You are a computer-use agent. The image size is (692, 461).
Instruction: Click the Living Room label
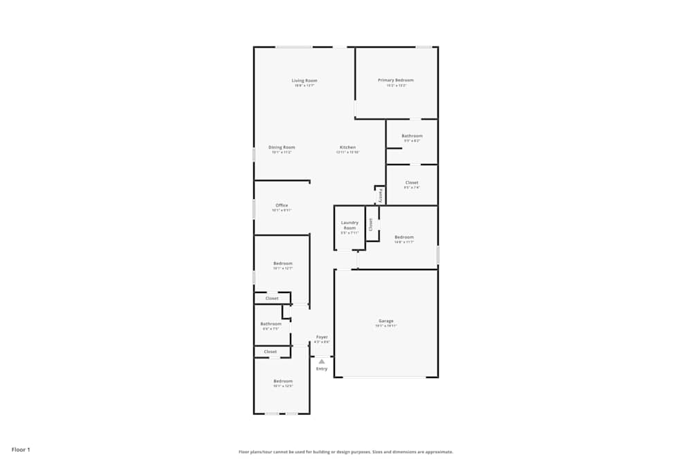click(304, 81)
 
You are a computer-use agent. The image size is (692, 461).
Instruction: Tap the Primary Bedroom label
click(396, 80)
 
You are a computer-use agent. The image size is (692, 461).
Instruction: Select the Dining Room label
click(282, 147)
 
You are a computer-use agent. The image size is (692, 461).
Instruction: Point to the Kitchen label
click(347, 147)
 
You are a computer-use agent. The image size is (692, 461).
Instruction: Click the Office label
click(282, 205)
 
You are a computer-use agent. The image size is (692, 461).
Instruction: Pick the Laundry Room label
click(349, 225)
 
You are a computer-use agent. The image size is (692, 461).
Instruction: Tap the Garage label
click(386, 321)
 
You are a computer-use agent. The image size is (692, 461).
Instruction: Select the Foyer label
click(322, 337)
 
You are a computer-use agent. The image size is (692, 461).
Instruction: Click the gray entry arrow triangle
click(322, 361)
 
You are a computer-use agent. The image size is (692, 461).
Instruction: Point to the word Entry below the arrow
click(322, 369)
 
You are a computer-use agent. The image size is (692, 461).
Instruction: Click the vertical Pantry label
click(380, 196)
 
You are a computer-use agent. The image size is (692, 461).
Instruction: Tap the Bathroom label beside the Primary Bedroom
click(412, 136)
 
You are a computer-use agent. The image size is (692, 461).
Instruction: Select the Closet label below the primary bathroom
click(412, 182)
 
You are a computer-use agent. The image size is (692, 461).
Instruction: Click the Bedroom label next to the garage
click(404, 237)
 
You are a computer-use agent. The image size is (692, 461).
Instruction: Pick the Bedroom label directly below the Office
click(282, 263)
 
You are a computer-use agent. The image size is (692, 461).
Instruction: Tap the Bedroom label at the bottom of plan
click(282, 382)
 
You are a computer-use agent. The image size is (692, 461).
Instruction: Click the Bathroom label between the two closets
click(271, 324)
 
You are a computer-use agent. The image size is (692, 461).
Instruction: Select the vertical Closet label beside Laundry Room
click(371, 224)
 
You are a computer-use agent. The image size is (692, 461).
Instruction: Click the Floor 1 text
click(21, 450)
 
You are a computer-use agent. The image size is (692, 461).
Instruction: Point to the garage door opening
click(385, 377)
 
